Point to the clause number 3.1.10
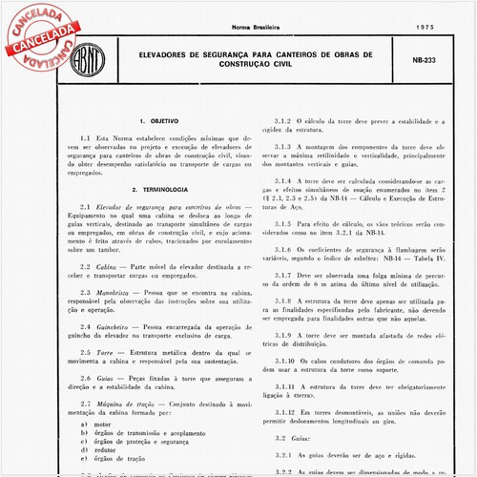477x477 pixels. coord(287,363)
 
